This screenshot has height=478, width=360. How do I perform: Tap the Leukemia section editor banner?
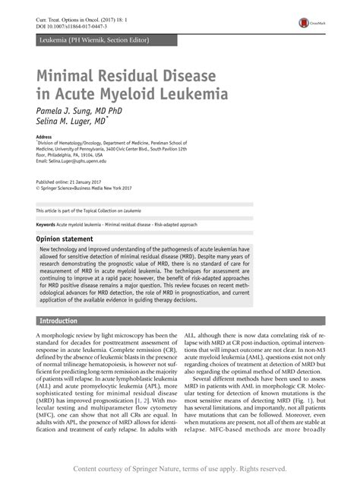tap(93, 39)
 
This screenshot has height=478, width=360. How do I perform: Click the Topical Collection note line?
tap(91, 210)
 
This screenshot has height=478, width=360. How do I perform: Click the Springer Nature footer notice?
tap(180, 469)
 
